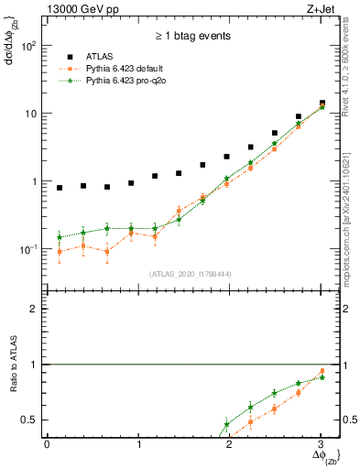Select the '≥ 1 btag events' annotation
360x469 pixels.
click(192, 37)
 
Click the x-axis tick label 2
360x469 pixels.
click(229, 444)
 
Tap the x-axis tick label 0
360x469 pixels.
click(47, 444)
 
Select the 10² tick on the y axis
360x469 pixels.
click(29, 46)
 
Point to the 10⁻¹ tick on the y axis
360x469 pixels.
click(29, 249)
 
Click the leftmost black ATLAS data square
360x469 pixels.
click(60, 188)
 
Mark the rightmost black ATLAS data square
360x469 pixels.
click(322, 103)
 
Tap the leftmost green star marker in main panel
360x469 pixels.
click(60, 237)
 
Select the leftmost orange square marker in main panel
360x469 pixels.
click(60, 251)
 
